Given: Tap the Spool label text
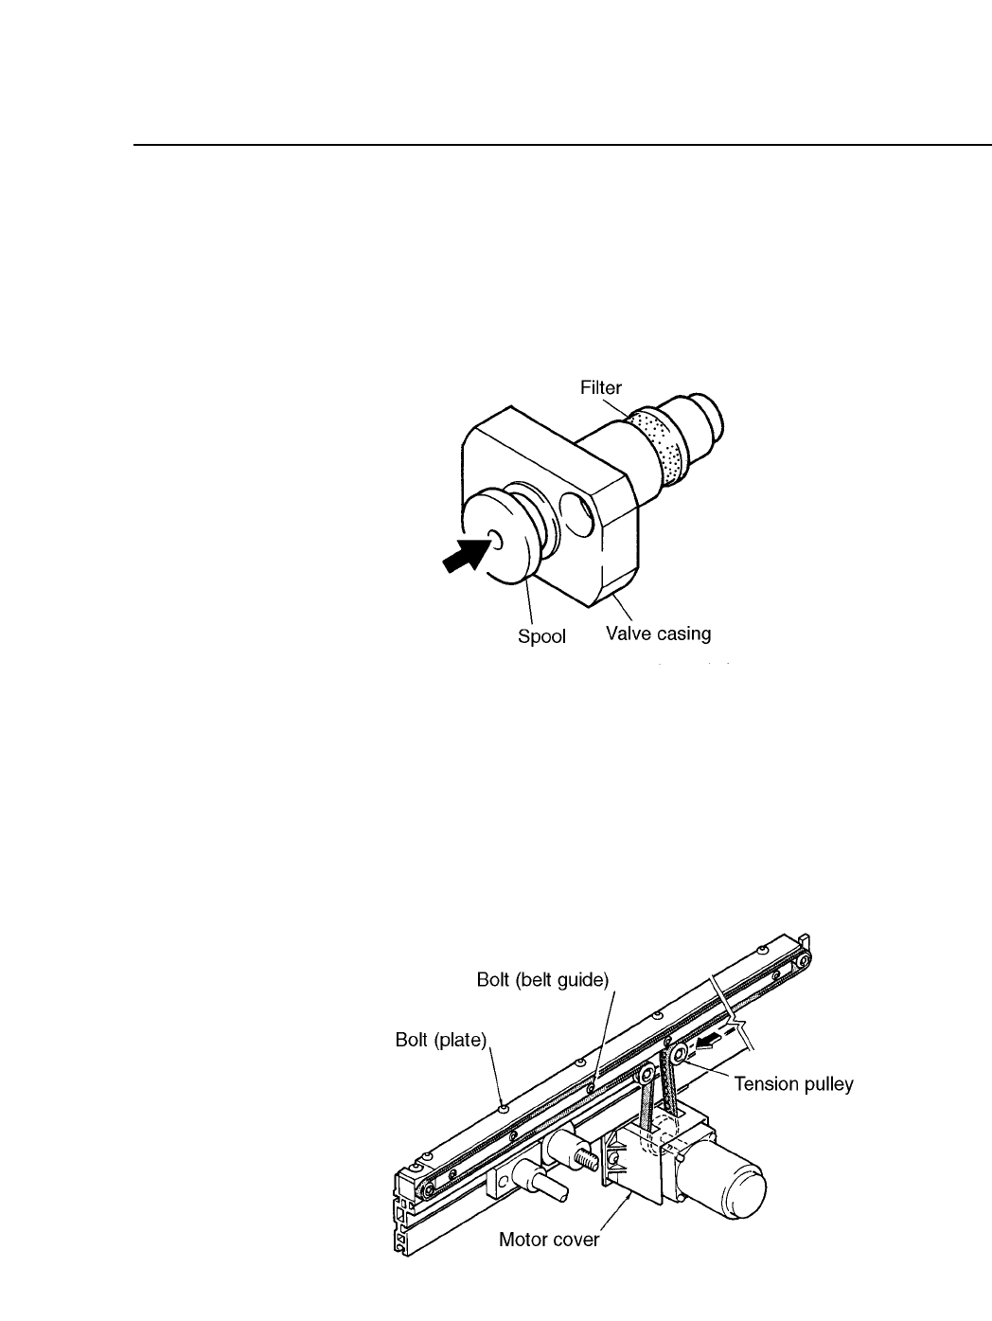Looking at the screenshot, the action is [x=541, y=636].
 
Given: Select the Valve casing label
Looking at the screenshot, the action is [x=658, y=634].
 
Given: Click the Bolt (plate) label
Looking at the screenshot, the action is [x=440, y=1041].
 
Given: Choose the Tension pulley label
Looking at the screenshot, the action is [x=793, y=1084].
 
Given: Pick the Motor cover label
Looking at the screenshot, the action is [x=549, y=1240].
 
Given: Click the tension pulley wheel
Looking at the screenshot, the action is [x=680, y=1056].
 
